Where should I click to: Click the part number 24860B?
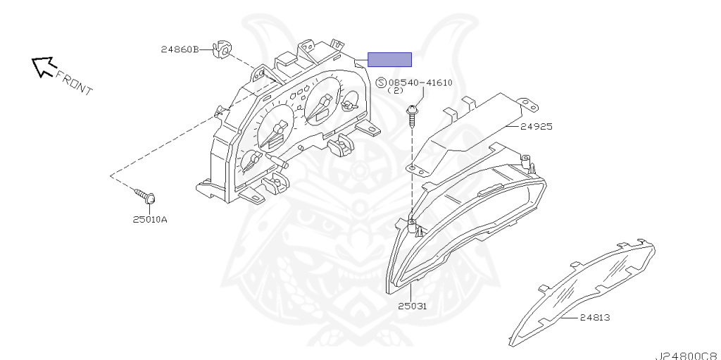click(x=180, y=49)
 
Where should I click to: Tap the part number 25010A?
click(x=150, y=219)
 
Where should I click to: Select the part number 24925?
click(x=536, y=126)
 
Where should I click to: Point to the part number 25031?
click(x=412, y=306)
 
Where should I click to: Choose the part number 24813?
click(x=594, y=317)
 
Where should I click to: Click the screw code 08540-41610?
click(x=420, y=83)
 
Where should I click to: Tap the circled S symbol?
click(x=381, y=83)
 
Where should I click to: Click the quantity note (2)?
click(x=396, y=90)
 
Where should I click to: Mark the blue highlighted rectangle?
click(x=389, y=59)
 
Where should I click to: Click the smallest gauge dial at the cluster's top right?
click(x=351, y=103)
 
